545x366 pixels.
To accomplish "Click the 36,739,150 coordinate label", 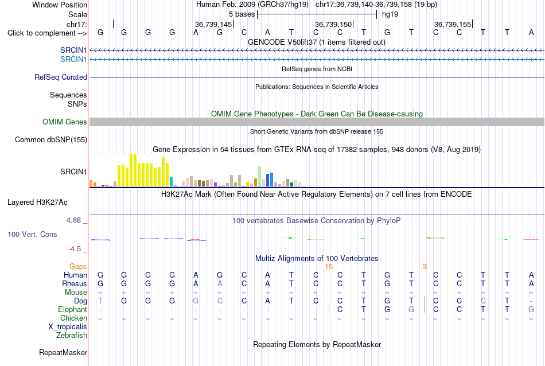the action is (333, 24).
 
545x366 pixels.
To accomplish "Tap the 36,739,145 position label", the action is (213, 24).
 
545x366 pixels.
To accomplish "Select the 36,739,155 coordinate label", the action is (453, 24).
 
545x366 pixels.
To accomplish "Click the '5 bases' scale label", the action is (242, 14).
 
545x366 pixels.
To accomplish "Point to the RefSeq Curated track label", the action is (61, 77).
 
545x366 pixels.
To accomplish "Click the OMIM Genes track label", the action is (65, 122).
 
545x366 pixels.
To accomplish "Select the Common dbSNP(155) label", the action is (51, 140).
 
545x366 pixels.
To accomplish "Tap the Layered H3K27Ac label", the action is (37, 203).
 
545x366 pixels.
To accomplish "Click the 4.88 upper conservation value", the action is (73, 220).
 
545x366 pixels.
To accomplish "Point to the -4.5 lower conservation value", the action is (75, 249).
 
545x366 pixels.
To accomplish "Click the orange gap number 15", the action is (329, 267).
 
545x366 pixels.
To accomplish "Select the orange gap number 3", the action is (425, 267).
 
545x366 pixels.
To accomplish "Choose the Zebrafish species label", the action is (72, 336).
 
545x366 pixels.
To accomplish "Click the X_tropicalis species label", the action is (68, 327).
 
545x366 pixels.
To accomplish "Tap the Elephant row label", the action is (72, 310).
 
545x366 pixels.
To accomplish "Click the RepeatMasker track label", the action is (63, 352).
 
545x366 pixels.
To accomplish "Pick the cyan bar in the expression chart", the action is (171, 181).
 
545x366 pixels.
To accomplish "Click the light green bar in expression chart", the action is (259, 177).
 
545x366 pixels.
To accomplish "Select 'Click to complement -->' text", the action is (47, 33).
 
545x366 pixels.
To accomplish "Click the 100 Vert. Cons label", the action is (32, 234).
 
